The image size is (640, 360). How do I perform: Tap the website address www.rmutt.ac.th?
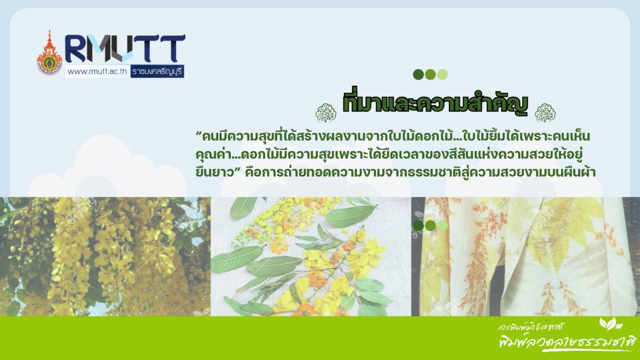point(97,71)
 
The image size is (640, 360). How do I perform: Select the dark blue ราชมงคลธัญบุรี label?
point(157,71)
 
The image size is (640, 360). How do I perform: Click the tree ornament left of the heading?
point(326,113)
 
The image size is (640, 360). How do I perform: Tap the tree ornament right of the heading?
point(545,113)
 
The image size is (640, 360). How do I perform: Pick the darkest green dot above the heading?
point(418,75)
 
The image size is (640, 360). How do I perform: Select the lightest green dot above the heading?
point(442,75)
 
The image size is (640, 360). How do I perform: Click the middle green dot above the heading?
point(430,75)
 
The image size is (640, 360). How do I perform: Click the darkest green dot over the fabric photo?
point(418,226)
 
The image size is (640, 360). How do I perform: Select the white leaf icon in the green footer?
point(610,324)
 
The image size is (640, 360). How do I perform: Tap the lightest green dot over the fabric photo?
point(442,226)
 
